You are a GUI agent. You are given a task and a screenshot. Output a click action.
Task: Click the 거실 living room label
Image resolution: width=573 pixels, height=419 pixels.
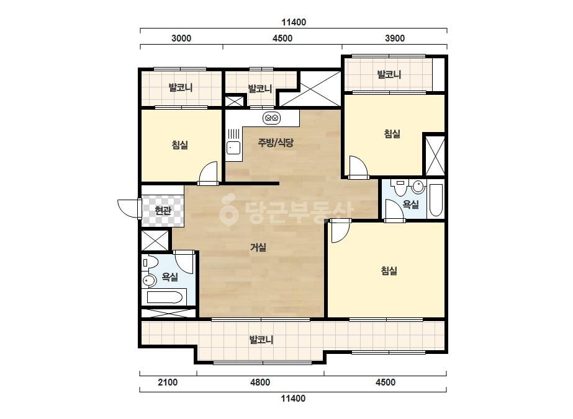(x=258, y=247)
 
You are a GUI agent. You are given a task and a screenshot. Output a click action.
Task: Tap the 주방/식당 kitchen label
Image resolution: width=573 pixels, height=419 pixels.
(x=276, y=143)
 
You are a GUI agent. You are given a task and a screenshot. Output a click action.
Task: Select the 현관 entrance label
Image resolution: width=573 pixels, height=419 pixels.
(x=163, y=210)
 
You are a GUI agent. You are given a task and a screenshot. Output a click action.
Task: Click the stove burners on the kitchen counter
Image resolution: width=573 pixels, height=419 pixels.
(x=271, y=118)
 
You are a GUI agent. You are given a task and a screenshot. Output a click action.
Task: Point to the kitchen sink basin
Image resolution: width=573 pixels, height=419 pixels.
(x=233, y=148)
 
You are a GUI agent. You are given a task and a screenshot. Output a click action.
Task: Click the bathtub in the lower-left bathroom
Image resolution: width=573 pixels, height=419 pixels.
(x=165, y=297)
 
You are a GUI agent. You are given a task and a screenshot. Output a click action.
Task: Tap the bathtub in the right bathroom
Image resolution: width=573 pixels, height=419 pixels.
(x=436, y=200)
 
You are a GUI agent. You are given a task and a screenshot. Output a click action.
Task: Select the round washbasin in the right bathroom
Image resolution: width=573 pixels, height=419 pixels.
(x=418, y=187)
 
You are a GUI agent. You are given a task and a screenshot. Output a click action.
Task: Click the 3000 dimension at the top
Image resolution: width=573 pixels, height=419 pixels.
(x=181, y=38)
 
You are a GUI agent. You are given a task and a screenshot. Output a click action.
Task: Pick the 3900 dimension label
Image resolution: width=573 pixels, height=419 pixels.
(x=395, y=38)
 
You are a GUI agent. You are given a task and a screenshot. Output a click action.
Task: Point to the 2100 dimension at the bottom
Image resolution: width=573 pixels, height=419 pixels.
(x=168, y=382)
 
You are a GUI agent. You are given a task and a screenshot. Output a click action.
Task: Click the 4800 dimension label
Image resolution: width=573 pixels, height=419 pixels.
(x=260, y=382)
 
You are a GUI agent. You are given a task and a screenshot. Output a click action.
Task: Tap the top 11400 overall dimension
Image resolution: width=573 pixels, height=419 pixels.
(x=294, y=22)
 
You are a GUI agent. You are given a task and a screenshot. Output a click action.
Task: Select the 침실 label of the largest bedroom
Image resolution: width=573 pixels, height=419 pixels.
(x=389, y=271)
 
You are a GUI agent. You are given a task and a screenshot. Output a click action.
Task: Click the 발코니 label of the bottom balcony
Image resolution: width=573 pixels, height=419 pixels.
(x=261, y=340)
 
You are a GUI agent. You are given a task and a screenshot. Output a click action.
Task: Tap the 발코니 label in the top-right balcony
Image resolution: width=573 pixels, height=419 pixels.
(x=389, y=74)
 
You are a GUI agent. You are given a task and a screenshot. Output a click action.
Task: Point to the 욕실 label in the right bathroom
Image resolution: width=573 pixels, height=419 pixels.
(x=410, y=205)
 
